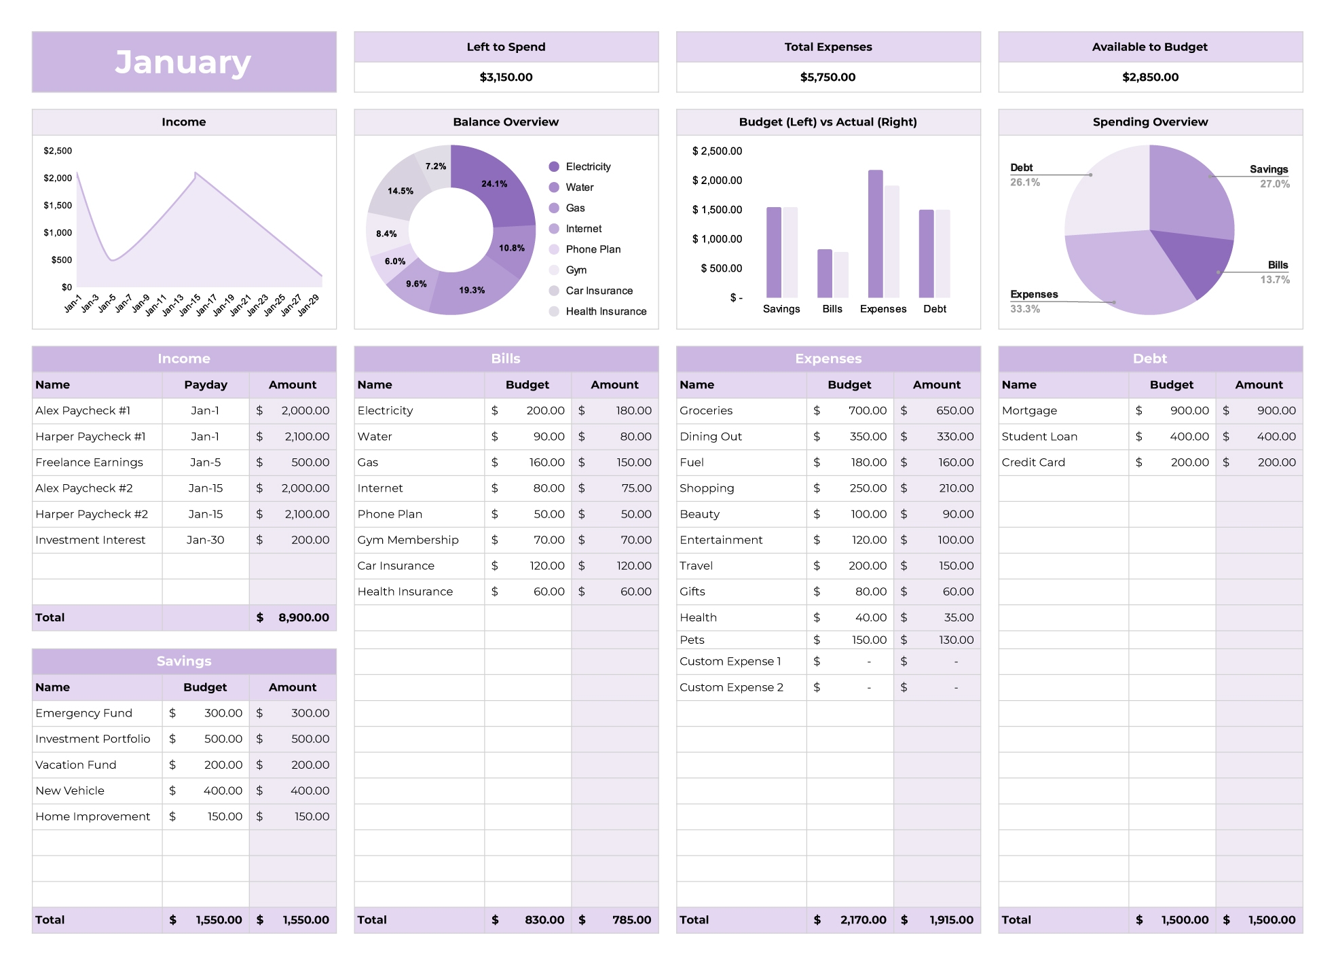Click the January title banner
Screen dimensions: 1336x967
tap(183, 62)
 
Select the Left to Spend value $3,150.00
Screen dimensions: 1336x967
tap(506, 77)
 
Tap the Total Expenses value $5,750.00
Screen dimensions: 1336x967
tap(828, 77)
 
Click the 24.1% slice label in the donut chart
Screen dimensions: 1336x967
tap(494, 184)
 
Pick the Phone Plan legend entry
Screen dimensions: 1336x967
tap(593, 249)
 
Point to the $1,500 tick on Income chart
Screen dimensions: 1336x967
tap(58, 205)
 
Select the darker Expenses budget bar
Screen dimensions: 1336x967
tap(875, 234)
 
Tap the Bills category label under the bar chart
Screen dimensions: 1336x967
tap(832, 309)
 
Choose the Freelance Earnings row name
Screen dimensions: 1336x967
tap(89, 462)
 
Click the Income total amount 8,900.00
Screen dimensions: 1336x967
tap(303, 617)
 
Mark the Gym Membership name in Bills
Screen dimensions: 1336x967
tap(408, 540)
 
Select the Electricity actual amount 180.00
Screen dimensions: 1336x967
tap(633, 411)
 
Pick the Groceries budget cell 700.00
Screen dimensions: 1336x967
tap(867, 411)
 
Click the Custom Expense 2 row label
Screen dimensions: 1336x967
tap(731, 687)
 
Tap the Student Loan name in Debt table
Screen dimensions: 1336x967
tap(1039, 437)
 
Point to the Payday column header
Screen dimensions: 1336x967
tap(206, 385)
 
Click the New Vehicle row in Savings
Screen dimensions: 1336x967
tap(70, 790)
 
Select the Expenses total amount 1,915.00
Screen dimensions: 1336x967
tap(950, 919)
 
